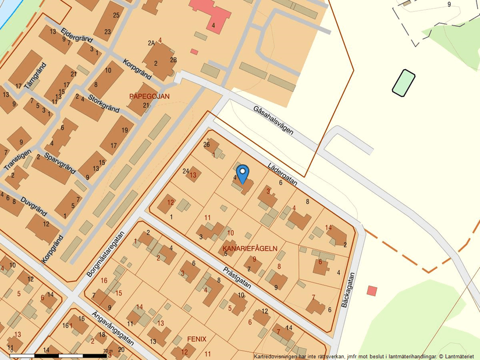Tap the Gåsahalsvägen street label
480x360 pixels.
[273, 120]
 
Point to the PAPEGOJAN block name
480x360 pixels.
[150, 96]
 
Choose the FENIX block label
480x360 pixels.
[197, 338]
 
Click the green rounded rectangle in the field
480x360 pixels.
[403, 83]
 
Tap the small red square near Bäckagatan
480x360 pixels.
[372, 290]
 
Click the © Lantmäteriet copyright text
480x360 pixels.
[456, 356]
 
